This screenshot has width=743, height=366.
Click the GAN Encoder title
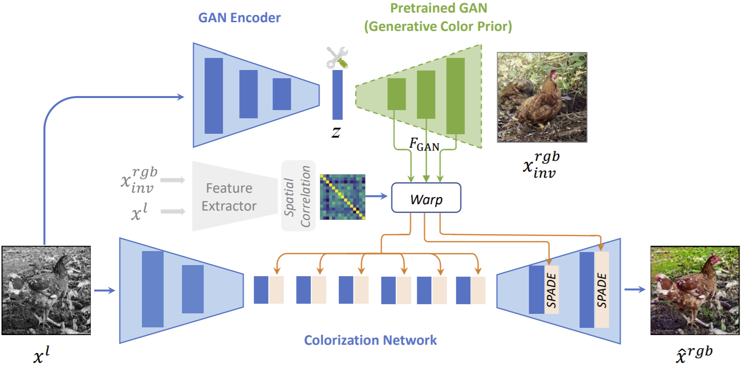pos(239,19)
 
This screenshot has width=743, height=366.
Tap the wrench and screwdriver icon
pos(337,57)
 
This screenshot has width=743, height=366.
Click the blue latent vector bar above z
pos(337,95)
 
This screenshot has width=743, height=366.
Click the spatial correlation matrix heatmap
pos(343,197)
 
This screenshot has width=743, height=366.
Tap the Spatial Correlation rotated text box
pos(298,196)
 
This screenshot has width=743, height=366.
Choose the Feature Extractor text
pos(229,197)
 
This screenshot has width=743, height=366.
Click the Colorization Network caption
pos(370,340)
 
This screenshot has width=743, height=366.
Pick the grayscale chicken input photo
pos(46,290)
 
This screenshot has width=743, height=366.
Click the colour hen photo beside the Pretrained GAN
pos(542,97)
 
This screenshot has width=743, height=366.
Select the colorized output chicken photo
pos(695,290)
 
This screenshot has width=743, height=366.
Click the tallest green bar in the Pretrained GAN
pos(455,95)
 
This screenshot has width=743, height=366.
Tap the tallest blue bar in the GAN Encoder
pos(214,95)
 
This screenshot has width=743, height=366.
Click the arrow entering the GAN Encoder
pos(179,97)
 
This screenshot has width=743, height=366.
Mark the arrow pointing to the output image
pos(635,290)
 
